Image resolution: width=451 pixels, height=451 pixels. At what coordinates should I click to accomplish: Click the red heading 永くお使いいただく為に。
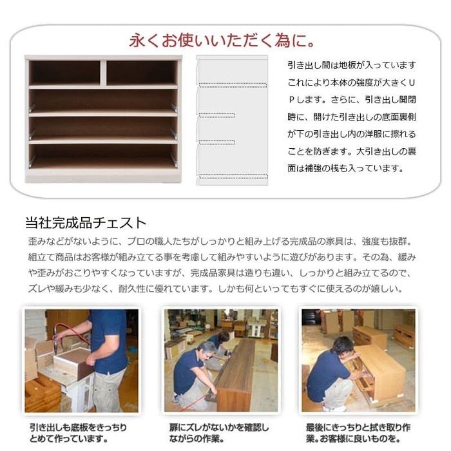[222, 41]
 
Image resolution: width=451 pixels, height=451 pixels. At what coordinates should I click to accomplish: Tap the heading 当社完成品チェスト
[84, 224]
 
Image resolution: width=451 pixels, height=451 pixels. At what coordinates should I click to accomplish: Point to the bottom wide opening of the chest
[103, 157]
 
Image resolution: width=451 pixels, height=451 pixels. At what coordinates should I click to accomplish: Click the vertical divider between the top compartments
[103, 72]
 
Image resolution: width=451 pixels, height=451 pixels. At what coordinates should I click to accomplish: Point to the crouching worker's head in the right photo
[341, 346]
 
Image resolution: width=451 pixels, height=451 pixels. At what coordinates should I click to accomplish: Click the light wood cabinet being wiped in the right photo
[380, 372]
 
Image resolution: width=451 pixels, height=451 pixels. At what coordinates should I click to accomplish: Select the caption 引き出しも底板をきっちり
[78, 427]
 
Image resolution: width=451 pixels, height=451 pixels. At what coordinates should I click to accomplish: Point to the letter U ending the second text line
[411, 82]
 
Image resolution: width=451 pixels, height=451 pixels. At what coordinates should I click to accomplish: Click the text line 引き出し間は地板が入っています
[352, 65]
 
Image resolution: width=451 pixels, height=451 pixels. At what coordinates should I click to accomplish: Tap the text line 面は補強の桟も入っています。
[346, 168]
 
